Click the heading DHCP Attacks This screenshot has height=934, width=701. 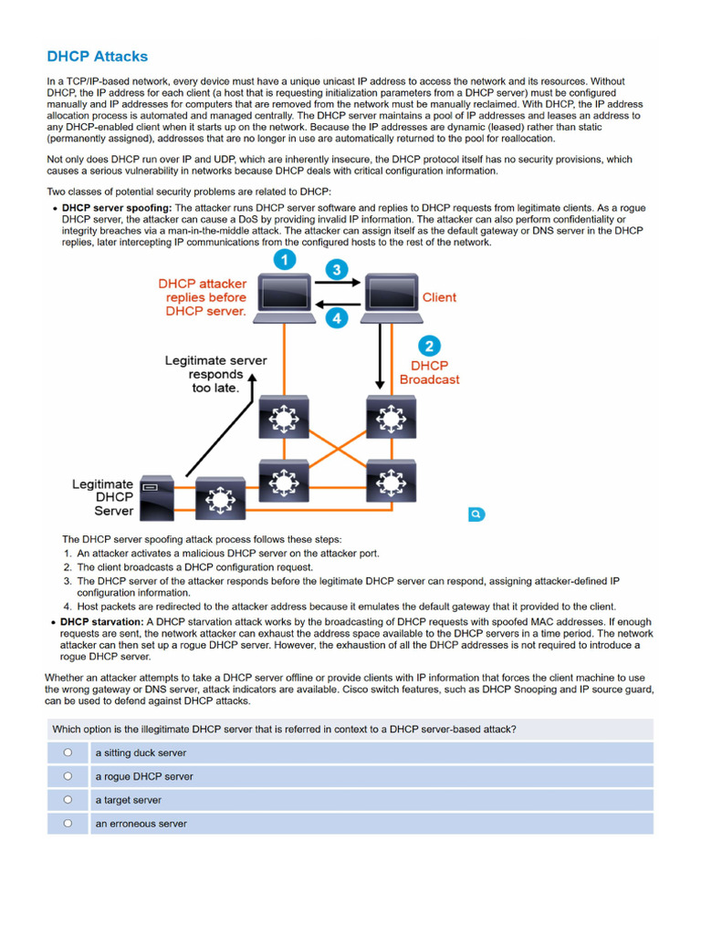point(97,57)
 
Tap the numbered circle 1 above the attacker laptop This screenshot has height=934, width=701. point(285,260)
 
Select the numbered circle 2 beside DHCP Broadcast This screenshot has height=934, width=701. point(429,346)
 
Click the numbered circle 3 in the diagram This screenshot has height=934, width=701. point(338,270)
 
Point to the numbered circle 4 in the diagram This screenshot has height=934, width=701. point(338,318)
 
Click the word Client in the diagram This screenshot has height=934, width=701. point(439,297)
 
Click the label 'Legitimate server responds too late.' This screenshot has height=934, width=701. point(215,374)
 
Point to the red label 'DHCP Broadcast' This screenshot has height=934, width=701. point(429,372)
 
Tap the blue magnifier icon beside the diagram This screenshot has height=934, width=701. point(476,514)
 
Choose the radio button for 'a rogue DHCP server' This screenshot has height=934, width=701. point(68,776)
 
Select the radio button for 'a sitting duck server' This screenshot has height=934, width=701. point(68,752)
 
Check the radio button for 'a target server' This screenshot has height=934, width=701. point(68,800)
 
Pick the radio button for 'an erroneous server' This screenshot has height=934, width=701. point(68,823)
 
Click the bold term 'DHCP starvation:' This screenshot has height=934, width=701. point(102,622)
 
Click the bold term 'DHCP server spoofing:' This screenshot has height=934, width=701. point(117,208)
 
